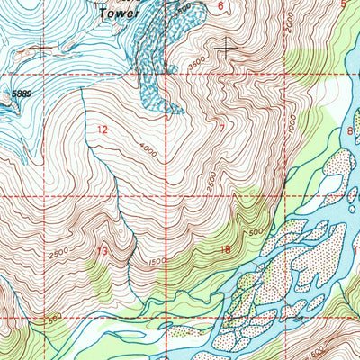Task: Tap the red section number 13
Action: (x=103, y=251)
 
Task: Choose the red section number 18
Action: (x=225, y=249)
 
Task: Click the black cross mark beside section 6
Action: (x=226, y=44)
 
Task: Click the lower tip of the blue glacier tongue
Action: (x=167, y=113)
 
